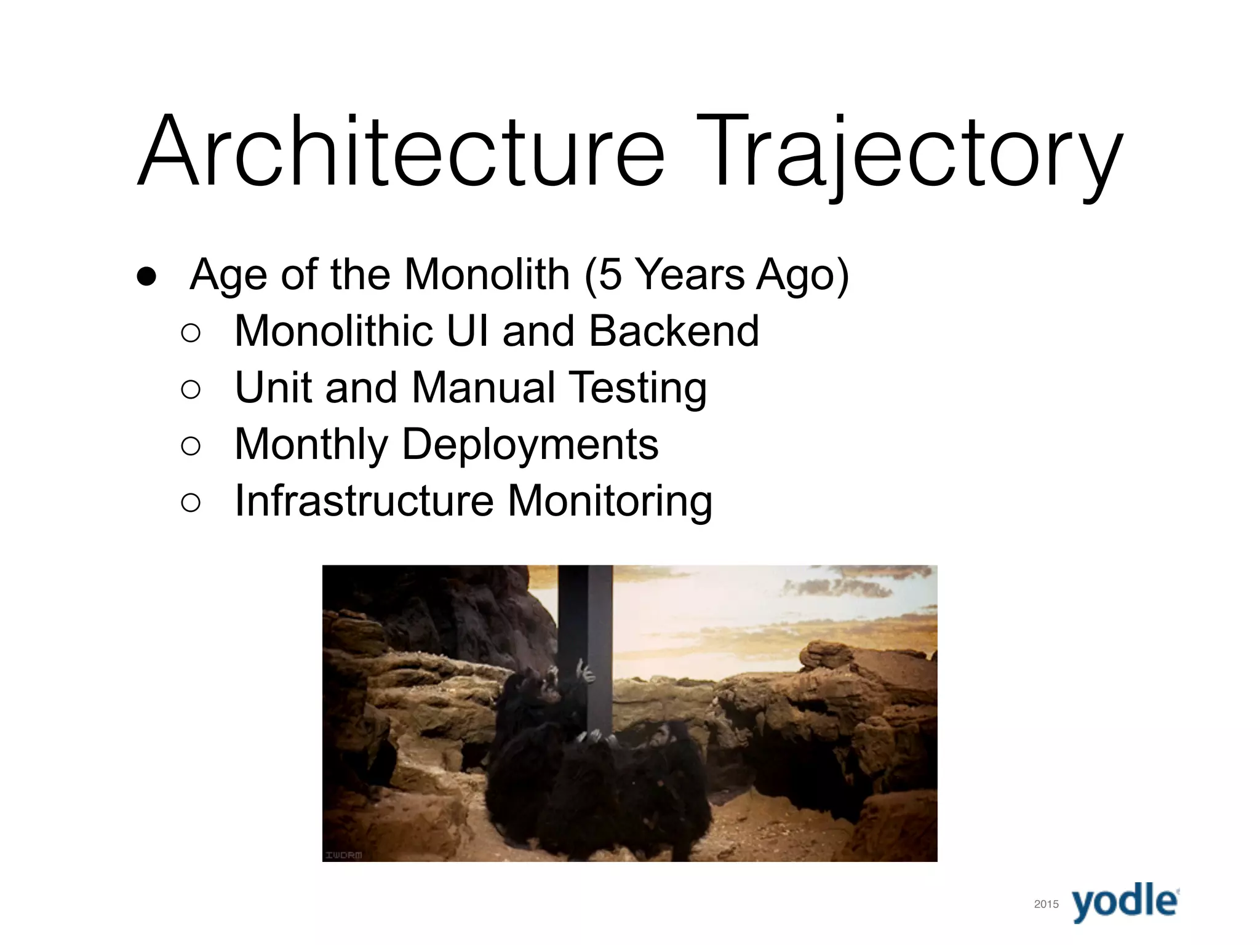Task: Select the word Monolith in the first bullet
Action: (x=487, y=274)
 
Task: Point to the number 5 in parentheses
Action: (x=610, y=274)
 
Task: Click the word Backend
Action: (x=674, y=331)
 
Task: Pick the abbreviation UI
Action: (x=467, y=331)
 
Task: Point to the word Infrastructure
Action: (x=364, y=501)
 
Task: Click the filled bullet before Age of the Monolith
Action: (x=147, y=276)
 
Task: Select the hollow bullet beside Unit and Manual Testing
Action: (x=191, y=389)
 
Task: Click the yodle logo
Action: (x=1125, y=902)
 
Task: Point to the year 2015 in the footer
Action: (x=1047, y=904)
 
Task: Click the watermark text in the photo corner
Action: (x=344, y=855)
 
